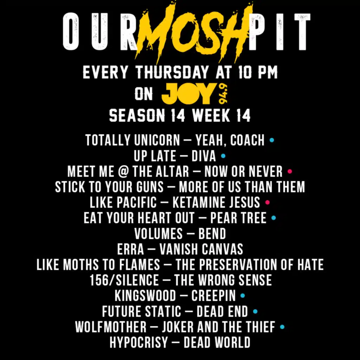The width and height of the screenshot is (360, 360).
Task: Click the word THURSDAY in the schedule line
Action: pos(172,72)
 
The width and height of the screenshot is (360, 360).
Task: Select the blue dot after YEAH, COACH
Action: pos(272,140)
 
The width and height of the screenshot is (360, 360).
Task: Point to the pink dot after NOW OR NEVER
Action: pos(290,171)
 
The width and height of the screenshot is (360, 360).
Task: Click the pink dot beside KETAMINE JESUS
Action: pos(267,202)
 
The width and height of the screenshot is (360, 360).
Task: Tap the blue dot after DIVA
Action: pos(223,156)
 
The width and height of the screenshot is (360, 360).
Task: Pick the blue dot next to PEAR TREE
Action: pos(274,218)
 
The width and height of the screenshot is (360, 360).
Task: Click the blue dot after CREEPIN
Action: pos(243,295)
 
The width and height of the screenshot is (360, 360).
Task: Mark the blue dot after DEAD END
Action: pos(255,311)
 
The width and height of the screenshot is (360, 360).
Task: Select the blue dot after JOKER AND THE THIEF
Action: pos(282,327)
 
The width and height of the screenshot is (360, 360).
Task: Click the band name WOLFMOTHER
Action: pos(111,327)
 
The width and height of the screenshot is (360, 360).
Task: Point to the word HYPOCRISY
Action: pos(139,342)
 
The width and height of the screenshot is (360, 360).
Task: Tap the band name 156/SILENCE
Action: pos(124,280)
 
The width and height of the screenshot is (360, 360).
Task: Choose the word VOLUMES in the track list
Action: pos(159,233)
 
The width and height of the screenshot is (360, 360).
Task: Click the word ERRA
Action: pos(130,249)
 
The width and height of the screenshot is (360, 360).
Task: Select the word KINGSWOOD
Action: pos(145,296)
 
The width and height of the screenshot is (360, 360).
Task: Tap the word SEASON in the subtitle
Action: pos(137,115)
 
